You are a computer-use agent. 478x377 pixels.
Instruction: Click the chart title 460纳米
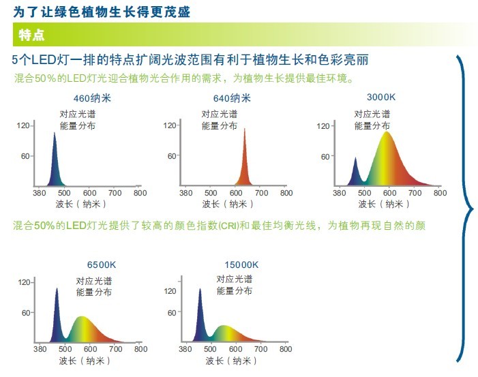pos(92,98)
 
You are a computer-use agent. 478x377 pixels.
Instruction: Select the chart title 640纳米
pos(232,98)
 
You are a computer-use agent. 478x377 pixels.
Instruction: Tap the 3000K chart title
pos(381,97)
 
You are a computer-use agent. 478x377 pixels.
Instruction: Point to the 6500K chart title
pos(102,265)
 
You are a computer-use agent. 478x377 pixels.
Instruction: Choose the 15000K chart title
pos(241,265)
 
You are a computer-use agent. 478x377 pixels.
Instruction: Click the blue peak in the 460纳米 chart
pos(55,133)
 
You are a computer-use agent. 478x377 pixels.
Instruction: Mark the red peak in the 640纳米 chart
pos(245,130)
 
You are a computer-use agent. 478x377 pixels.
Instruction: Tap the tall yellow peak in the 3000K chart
pos(387,132)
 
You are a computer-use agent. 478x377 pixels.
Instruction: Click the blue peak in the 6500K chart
pos(57,288)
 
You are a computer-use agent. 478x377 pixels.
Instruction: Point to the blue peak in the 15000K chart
pos(200,290)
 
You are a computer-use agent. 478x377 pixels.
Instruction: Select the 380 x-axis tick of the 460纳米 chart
pos(40,193)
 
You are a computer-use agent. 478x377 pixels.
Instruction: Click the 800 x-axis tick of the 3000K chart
pos(440,193)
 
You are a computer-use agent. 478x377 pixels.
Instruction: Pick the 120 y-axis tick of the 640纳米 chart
pos(170,125)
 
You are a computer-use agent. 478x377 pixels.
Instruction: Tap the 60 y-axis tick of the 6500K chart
pos(26,313)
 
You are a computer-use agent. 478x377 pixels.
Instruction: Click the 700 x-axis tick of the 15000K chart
pos(261,349)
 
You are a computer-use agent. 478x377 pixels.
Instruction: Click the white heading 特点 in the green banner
pos(31,35)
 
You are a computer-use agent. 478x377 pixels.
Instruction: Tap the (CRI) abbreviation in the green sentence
pos(228,226)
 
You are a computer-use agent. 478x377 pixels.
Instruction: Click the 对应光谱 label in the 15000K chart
pos(235,279)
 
